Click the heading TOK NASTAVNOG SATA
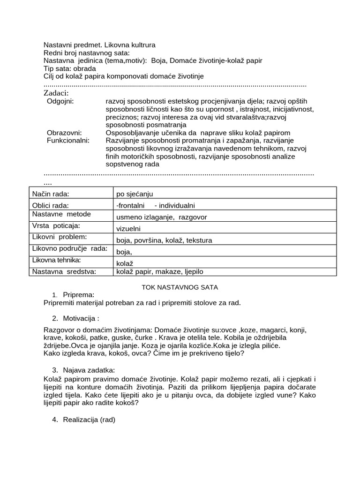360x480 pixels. pos(180,286)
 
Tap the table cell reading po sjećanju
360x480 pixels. pos(135,194)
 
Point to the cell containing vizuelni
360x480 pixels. pos(128,229)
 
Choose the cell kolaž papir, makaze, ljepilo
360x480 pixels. pos(160,271)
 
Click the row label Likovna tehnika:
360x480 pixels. pos(56,260)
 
